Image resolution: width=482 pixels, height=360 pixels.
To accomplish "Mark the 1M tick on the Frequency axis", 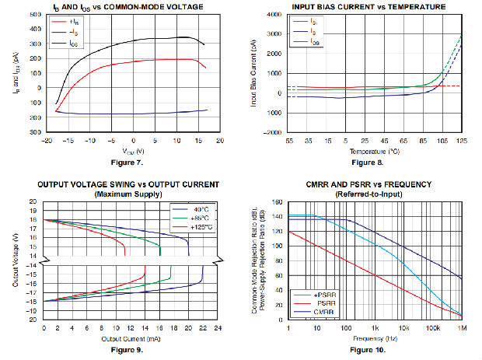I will [463, 330].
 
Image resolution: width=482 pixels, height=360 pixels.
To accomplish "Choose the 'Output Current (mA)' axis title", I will [131, 339].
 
